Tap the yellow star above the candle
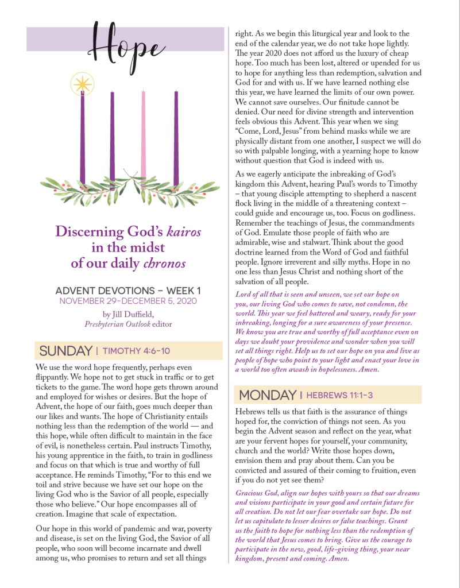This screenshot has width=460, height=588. [82, 84]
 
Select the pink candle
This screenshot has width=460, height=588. [144, 135]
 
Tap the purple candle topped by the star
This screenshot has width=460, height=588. [82, 138]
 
